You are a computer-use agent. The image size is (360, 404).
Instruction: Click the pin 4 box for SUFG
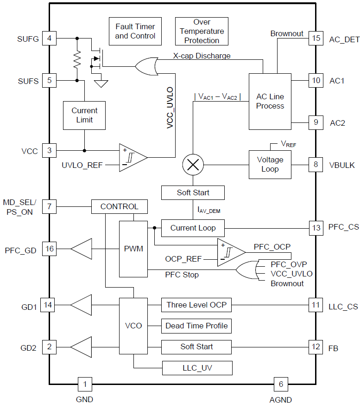pyautogui.click(x=49, y=38)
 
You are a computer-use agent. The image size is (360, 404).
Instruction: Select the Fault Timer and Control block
pyautogui.click(x=135, y=32)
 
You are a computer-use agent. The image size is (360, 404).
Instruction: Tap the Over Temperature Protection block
pyautogui.click(x=202, y=32)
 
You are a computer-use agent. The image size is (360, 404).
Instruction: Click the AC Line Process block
pyautogui.click(x=270, y=102)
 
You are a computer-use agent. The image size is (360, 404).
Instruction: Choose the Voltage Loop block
pyautogui.click(x=270, y=164)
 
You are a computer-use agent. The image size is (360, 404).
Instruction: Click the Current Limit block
pyautogui.click(x=84, y=115)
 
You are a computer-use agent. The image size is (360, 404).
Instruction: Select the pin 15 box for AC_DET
pyautogui.click(x=316, y=38)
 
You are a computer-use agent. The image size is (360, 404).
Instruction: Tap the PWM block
pyautogui.click(x=133, y=249)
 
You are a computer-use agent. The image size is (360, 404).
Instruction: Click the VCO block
pyautogui.click(x=133, y=326)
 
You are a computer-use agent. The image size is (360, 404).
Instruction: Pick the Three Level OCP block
pyautogui.click(x=196, y=305)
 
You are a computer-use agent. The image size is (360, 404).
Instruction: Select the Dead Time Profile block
pyautogui.click(x=196, y=326)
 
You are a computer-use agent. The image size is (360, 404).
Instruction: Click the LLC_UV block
pyautogui.click(x=197, y=368)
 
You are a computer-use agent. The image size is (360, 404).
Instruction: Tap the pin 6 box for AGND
pyautogui.click(x=280, y=384)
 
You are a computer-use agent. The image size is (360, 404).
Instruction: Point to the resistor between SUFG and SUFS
pyautogui.click(x=77, y=59)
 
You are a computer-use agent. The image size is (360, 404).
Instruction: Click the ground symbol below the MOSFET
pyautogui.click(x=101, y=83)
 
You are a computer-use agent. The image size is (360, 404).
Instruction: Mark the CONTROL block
pyautogui.click(x=120, y=206)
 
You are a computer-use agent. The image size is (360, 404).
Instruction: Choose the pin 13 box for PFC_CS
pyautogui.click(x=316, y=228)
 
